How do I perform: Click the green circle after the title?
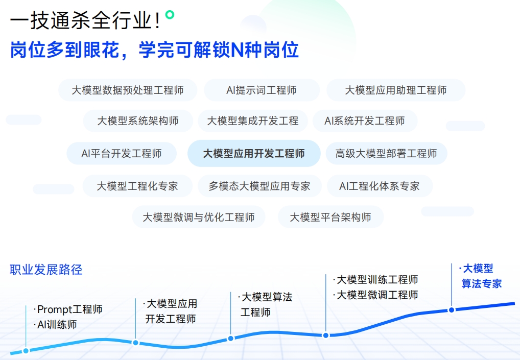[170, 15]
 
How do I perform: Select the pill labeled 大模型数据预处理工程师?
[128, 90]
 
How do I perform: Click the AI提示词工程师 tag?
[262, 90]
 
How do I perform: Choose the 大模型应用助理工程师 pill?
[396, 90]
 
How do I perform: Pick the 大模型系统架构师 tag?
[138, 121]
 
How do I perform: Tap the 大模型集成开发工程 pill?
[253, 121]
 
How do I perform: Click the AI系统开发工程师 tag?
[365, 121]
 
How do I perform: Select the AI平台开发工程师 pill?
[122, 154]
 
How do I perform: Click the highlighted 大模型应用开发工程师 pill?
[254, 154]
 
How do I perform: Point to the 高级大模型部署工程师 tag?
[386, 154]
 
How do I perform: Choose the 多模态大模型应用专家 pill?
[259, 186]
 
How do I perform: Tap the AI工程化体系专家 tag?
[380, 186]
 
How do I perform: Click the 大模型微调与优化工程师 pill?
[199, 217]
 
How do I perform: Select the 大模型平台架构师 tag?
[330, 217]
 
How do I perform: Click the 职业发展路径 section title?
[46, 270]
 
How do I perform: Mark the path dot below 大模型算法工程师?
[230, 339]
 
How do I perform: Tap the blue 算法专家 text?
[482, 284]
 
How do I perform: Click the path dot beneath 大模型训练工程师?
[326, 335]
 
